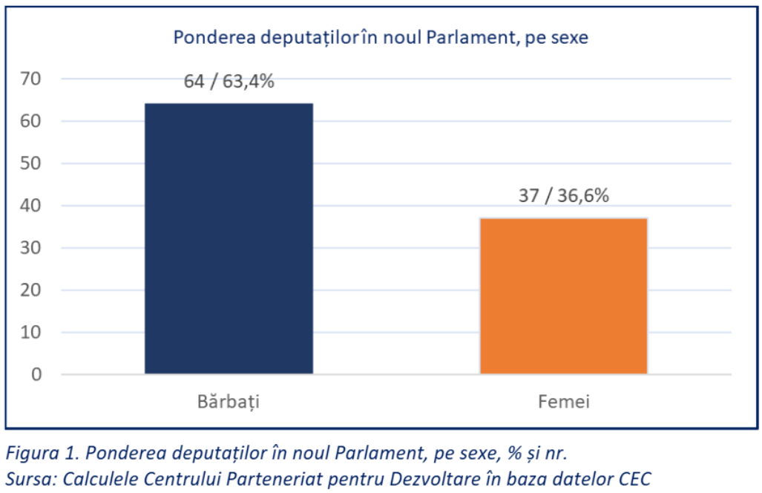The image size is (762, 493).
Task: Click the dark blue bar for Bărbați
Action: coord(229,238)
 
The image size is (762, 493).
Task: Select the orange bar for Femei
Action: coord(563,296)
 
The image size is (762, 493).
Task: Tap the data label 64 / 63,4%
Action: coord(229,81)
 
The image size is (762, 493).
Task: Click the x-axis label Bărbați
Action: coord(229,402)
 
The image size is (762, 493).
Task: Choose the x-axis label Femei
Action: coord(564,402)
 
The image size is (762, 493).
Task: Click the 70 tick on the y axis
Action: coord(34,79)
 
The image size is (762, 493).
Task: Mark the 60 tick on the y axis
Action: coord(34,121)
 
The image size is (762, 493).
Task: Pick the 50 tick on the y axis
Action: coord(34,163)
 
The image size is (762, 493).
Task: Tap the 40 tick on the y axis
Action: coord(34,206)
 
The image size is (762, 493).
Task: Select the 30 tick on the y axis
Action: coord(34,248)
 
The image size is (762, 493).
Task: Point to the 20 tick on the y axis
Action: coord(34,290)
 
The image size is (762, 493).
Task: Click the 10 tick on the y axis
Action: coord(34,332)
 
